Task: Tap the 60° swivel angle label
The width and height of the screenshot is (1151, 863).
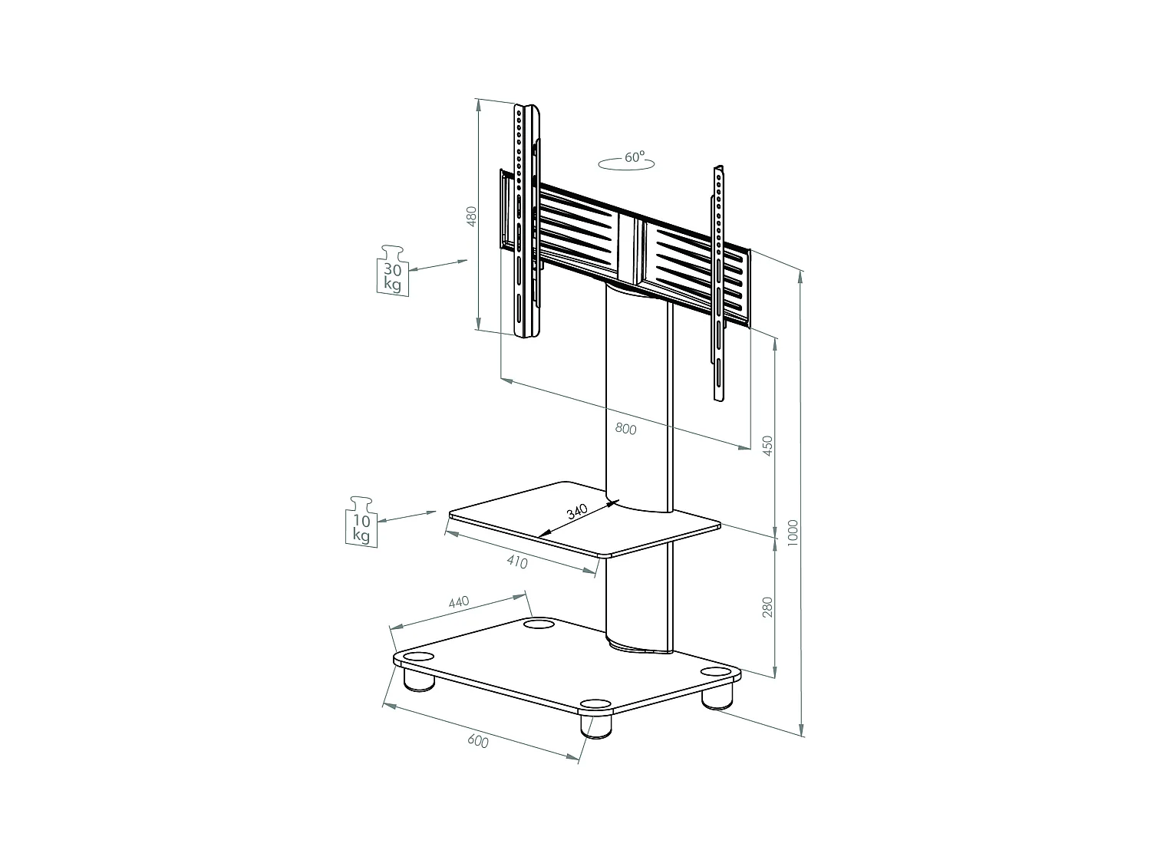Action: [x=632, y=158]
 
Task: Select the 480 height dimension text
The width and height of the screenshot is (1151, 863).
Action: [x=472, y=216]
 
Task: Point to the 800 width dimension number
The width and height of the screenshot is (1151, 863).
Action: [x=625, y=429]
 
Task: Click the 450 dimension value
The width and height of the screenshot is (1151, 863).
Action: [x=767, y=446]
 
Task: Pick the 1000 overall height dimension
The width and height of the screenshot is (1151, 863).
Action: [x=793, y=532]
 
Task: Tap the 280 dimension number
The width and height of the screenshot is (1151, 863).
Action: [x=767, y=607]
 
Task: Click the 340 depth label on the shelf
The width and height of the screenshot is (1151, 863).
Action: [x=577, y=512]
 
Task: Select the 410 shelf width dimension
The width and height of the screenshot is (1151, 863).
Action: [x=517, y=562]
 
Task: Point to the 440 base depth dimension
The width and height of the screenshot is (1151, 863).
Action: [x=458, y=603]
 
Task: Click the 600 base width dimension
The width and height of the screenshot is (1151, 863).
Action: [x=477, y=741]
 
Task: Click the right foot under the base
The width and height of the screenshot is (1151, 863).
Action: [x=717, y=695]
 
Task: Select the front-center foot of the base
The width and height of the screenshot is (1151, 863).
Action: [x=595, y=723]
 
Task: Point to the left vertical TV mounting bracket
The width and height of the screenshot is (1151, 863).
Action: [x=526, y=222]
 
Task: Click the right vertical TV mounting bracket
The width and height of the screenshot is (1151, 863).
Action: [x=719, y=284]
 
